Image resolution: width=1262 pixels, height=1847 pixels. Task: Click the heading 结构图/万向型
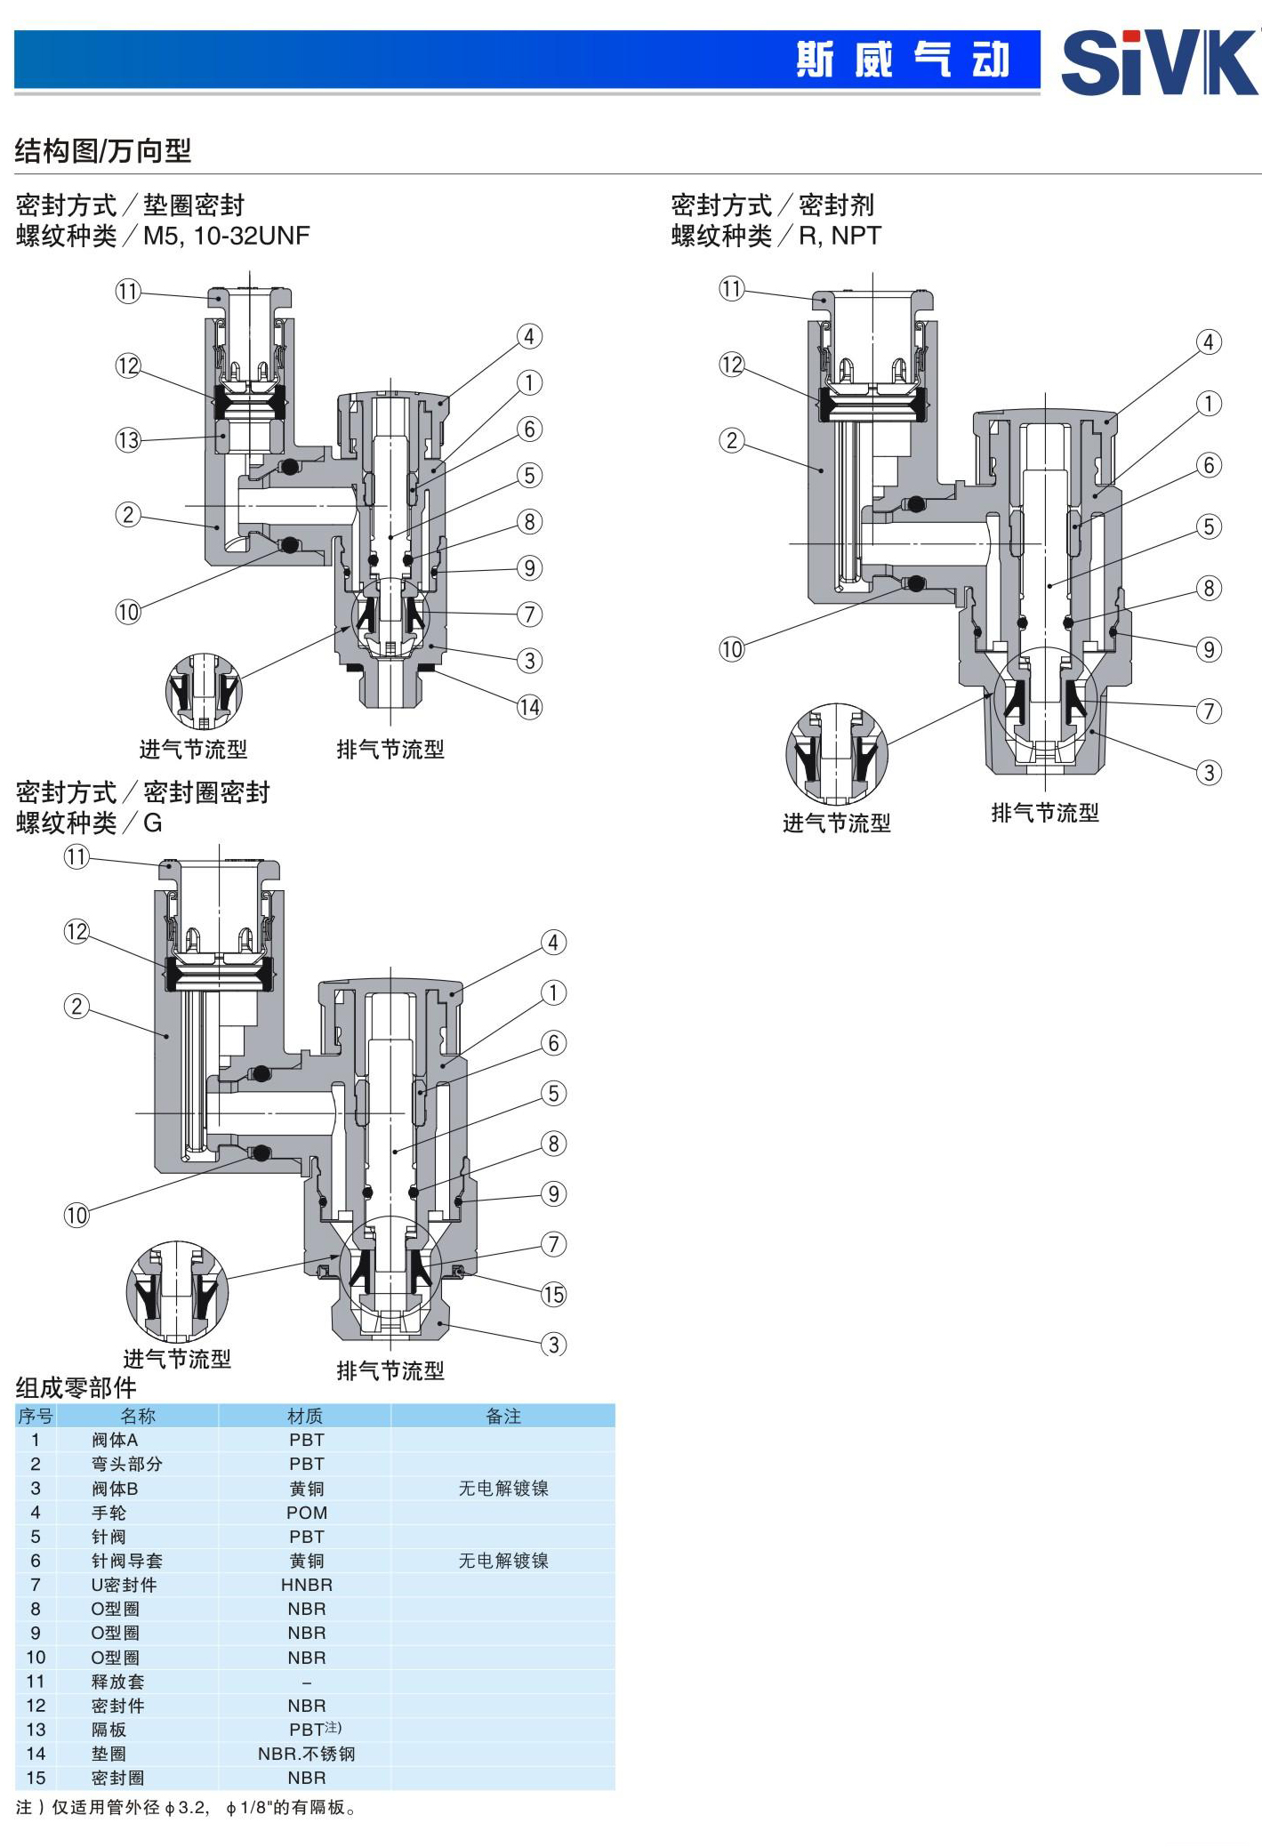tap(103, 151)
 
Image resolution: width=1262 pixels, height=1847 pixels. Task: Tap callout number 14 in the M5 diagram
tap(529, 707)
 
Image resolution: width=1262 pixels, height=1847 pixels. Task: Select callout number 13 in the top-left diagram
tap(128, 439)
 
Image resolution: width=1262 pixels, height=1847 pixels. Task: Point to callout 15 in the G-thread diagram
tap(553, 1294)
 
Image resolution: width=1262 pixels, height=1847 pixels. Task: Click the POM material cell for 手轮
tap(307, 1512)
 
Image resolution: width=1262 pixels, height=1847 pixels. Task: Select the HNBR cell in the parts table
tap(307, 1584)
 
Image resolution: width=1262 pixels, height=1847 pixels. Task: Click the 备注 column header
tap(503, 1416)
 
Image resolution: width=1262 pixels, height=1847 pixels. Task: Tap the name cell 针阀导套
tap(126, 1560)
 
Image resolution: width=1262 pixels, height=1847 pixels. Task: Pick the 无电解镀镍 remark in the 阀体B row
tap(503, 1488)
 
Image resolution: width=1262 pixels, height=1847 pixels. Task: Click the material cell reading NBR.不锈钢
tap(307, 1753)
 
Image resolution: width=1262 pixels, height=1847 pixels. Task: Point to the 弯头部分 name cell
tap(126, 1464)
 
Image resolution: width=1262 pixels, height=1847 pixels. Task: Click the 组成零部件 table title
tap(76, 1387)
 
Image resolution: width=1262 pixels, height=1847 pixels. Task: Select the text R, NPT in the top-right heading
tap(840, 236)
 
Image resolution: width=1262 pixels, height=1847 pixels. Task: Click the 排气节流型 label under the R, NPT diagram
tap(1045, 812)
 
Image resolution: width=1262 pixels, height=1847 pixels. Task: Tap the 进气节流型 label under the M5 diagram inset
tap(193, 749)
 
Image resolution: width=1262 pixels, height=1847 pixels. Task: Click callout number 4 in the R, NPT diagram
tap(1208, 342)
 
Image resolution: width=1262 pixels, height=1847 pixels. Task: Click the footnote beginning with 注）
tap(187, 1807)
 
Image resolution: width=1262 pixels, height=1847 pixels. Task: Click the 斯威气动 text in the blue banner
tap(903, 60)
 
